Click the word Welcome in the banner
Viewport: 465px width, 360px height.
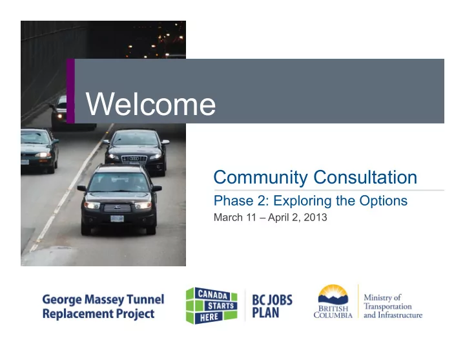coord(150,103)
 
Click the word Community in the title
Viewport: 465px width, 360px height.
coord(261,178)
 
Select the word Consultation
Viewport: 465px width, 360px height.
coord(365,177)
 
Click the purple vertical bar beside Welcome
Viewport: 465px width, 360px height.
coord(70,91)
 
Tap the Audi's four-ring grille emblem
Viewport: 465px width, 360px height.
coord(134,159)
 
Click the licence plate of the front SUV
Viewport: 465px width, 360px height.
coord(117,218)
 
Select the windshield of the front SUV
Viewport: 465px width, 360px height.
coord(119,182)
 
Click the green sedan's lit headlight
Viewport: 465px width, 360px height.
coord(43,154)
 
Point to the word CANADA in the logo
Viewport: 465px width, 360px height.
coord(212,295)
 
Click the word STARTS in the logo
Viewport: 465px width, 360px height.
coord(221,306)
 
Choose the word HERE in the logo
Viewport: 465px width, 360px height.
coord(209,317)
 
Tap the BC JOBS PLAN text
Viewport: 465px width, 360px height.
coord(272,306)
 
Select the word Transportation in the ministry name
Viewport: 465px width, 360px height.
coord(387,306)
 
